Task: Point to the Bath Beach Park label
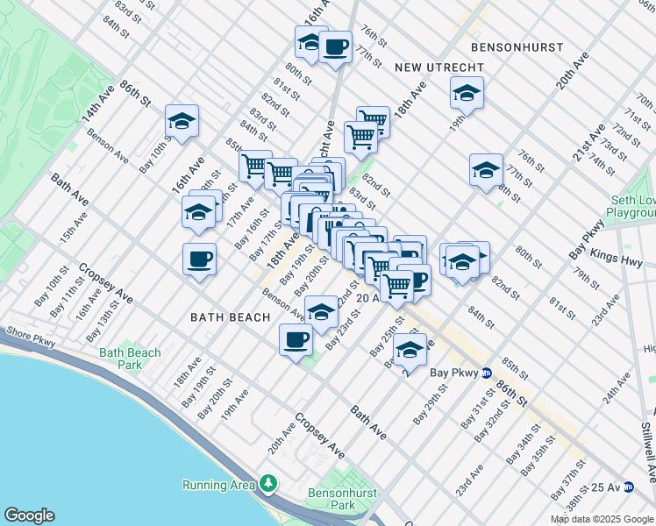pos(130,359)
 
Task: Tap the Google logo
pos(28,515)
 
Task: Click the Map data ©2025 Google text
pos(602,519)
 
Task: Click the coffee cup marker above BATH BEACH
pos(200,259)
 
